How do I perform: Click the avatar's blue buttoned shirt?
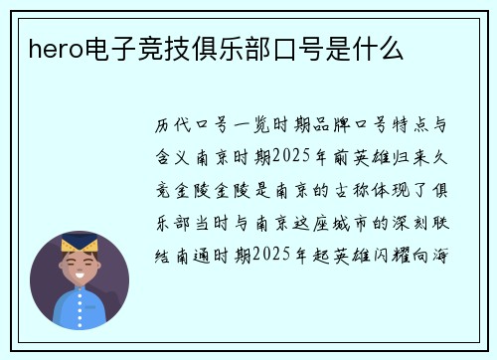(x=80, y=308)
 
